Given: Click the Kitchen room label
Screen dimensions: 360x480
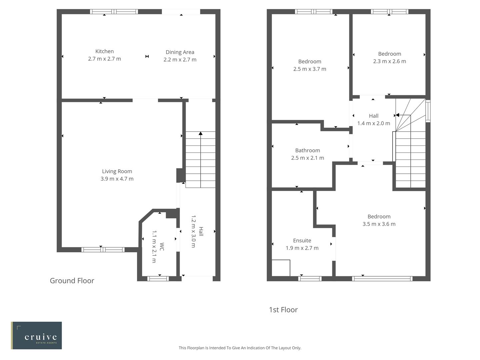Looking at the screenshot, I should [x=104, y=51].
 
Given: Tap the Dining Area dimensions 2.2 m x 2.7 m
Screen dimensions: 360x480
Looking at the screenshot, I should [x=180, y=60].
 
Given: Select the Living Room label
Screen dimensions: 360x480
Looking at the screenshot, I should [x=117, y=171].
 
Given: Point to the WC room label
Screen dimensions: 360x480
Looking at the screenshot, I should [x=162, y=247].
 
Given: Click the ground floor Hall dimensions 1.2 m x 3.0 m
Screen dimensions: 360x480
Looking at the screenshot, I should [x=193, y=231].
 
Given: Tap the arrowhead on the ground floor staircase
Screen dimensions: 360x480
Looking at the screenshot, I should [x=200, y=133].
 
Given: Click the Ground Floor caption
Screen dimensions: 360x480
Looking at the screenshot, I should [x=72, y=281].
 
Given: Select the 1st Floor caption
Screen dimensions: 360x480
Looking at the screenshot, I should [x=283, y=310].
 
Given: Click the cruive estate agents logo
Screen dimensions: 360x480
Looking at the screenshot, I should [x=36, y=335].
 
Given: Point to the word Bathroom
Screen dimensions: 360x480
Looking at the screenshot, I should [x=307, y=150].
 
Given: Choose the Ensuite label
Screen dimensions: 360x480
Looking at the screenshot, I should [x=302, y=240].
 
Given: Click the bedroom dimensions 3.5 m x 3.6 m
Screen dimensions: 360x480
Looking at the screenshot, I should [x=379, y=224].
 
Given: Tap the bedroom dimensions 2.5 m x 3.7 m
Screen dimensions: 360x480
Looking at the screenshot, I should [x=310, y=69].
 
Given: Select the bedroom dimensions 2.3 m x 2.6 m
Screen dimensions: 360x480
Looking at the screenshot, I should [x=389, y=61].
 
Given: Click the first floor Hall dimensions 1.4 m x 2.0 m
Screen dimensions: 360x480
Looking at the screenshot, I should [x=373, y=123].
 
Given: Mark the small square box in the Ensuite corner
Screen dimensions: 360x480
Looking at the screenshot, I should [x=281, y=268].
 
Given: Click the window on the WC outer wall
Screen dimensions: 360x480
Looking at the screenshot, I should [x=158, y=279].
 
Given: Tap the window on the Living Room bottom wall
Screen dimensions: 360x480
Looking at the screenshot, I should [x=103, y=250].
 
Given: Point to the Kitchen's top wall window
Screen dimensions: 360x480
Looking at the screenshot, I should [x=114, y=12].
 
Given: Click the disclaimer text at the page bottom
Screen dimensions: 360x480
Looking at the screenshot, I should [x=240, y=348].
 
